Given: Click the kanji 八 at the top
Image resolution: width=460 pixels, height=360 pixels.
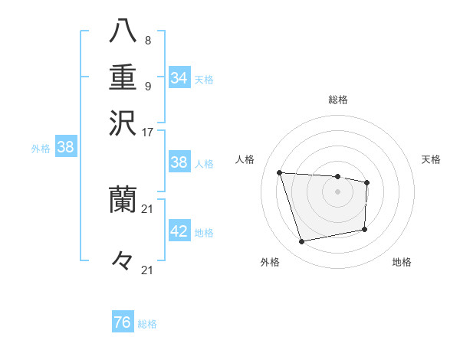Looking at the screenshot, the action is pyautogui.click(x=123, y=33).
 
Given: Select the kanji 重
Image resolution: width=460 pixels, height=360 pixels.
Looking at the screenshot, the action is pyautogui.click(x=123, y=77).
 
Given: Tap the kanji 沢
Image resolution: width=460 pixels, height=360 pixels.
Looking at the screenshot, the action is pyautogui.click(x=123, y=123).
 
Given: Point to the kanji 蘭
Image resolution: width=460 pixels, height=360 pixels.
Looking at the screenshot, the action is pyautogui.click(x=123, y=200).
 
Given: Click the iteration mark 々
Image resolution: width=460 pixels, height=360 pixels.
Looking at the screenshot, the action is pyautogui.click(x=123, y=260).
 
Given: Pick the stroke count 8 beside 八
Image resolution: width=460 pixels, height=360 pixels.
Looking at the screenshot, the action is pyautogui.click(x=147, y=41).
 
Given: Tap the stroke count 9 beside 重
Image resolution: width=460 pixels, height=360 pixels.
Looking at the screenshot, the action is pyautogui.click(x=147, y=86).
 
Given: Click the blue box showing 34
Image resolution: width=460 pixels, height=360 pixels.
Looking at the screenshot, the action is pyautogui.click(x=179, y=77).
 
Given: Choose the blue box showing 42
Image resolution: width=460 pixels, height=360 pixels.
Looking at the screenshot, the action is pyautogui.click(x=179, y=231).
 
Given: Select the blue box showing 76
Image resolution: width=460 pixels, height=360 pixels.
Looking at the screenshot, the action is pyautogui.click(x=123, y=322).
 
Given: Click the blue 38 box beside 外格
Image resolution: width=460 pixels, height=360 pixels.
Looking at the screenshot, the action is pyautogui.click(x=65, y=148).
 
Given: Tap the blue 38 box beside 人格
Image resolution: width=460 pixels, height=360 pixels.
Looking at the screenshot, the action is pyautogui.click(x=179, y=162).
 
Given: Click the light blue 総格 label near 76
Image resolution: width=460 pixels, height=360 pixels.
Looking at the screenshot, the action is pyautogui.click(x=147, y=324).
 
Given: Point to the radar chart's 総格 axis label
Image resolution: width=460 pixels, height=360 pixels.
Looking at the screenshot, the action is pyautogui.click(x=337, y=100).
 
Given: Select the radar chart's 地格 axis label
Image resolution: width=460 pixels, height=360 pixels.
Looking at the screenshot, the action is pyautogui.click(x=402, y=262).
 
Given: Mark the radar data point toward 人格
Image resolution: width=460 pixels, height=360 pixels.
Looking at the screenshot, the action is pyautogui.click(x=280, y=172).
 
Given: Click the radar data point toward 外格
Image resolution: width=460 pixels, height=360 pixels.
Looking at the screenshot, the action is pyautogui.click(x=302, y=242).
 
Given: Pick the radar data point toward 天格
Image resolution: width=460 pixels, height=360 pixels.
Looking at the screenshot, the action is pyautogui.click(x=367, y=182).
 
